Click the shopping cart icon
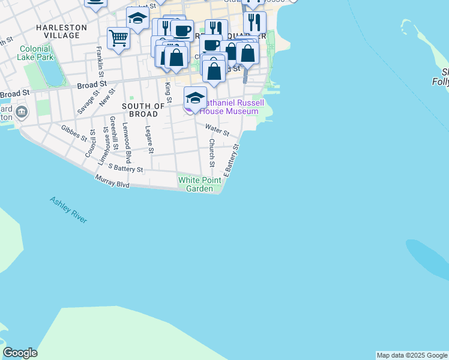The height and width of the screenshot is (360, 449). coord(118,38)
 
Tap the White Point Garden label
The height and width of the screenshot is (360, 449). coord(196,184)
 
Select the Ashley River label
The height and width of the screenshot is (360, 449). coord(68,210)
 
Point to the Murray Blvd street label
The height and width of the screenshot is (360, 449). coord(112,182)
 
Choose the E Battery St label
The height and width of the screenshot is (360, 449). coord(232,160)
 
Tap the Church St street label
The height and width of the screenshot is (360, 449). coord(212,153)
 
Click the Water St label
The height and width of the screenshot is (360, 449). coord(217,129)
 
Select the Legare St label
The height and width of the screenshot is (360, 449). coord(150,139)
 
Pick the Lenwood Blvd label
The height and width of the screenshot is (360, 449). coord(127,143)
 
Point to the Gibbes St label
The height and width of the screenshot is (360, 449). coord(74,132)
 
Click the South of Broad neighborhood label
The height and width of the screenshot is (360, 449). coord(143,110)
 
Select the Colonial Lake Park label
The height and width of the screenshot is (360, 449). coord(36,53)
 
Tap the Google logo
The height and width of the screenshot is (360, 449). coord(20,353)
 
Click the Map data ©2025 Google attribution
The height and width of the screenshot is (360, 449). coord(412,355)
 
